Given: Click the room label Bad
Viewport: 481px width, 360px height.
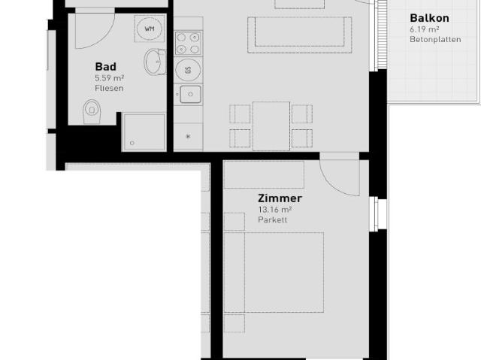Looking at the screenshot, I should point(105,66).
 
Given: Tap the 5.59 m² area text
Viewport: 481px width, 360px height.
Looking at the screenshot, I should point(109,77).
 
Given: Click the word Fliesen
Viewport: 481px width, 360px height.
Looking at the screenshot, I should point(109,88).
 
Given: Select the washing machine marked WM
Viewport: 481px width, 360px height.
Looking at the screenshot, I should point(149,29).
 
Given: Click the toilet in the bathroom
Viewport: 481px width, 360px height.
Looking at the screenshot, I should point(92,113).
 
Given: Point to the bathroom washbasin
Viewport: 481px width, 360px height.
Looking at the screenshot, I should point(156,62).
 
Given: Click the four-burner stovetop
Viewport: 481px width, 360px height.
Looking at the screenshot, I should point(188,42).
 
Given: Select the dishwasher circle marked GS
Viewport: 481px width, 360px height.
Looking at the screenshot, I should point(188,71).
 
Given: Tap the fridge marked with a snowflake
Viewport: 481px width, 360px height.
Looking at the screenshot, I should point(188,135).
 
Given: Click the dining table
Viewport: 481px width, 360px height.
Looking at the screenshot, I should point(271,126).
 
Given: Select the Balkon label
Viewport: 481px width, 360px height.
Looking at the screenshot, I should point(429,17).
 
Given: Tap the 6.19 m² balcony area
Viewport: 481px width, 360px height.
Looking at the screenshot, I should point(425,29).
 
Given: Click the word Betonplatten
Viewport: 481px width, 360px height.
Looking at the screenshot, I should point(435,39).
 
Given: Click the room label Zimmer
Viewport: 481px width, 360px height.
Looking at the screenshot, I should point(280,198).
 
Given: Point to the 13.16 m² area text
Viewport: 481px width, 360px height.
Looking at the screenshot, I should point(275,210).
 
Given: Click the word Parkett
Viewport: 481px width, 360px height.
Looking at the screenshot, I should point(272,220).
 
